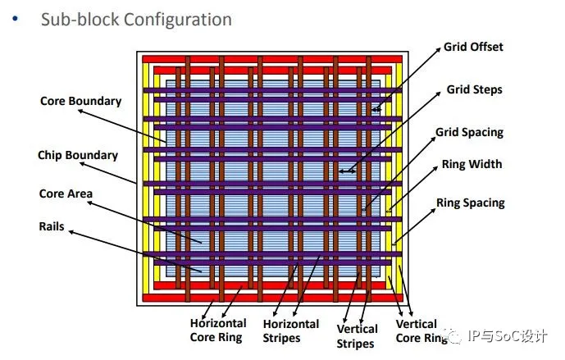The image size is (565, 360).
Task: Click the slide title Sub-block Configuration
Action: pos(136,19)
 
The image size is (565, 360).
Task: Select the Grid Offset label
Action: pos(473,47)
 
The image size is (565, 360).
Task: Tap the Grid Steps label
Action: pos(474,89)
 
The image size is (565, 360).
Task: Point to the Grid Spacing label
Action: pos(469,132)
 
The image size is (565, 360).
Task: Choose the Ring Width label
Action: pos(472,164)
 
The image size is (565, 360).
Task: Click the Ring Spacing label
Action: pos(470,203)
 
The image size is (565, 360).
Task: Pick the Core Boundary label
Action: pos(80,101)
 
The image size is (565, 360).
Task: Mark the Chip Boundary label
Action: pos(78,155)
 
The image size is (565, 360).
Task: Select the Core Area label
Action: pos(66,194)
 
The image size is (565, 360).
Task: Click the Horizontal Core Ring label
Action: pos(218,330)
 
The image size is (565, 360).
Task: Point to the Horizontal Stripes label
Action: pos(292,330)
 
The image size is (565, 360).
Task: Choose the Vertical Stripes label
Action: pos(357,336)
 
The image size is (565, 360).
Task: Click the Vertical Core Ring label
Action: pos(417,331)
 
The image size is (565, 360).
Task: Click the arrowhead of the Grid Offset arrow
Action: pos(373,110)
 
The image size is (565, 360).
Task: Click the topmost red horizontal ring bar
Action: pos(271,59)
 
